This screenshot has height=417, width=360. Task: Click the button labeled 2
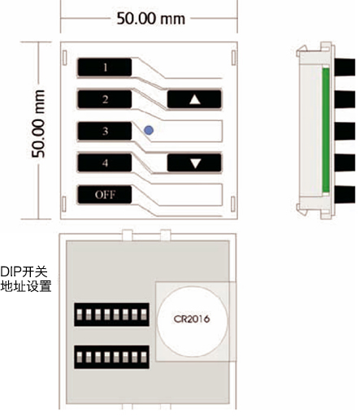tap(105, 99)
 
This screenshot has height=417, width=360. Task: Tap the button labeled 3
tap(105, 131)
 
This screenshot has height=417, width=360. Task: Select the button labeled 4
tap(105, 163)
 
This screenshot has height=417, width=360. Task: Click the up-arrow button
tap(194, 99)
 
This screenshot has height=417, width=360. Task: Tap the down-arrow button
tap(194, 163)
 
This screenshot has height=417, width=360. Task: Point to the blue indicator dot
tap(149, 130)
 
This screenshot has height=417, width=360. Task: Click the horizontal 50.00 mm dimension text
tap(150, 19)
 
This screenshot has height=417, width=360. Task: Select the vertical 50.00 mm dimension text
tap(38, 124)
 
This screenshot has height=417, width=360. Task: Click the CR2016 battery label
tap(192, 319)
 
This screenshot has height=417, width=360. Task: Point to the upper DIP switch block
tap(111, 315)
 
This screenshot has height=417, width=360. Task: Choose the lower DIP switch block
tap(111, 357)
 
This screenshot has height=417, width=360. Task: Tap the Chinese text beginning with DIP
tap(26, 279)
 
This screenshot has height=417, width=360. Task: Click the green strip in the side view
tap(326, 130)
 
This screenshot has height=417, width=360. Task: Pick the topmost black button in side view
tap(345, 67)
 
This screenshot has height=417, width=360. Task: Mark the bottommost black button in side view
tap(345, 194)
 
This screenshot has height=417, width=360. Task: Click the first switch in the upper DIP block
tap(80, 315)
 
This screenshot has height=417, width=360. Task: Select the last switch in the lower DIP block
tap(144, 357)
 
